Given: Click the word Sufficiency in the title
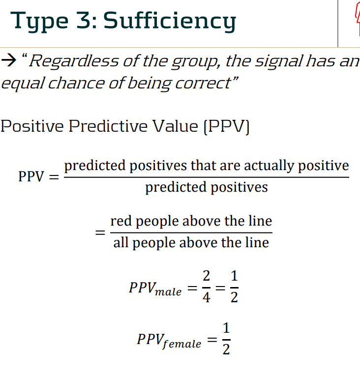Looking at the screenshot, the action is click(x=170, y=21).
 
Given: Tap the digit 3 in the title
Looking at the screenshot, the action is click(x=83, y=20).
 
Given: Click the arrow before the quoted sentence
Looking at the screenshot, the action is click(x=9, y=60).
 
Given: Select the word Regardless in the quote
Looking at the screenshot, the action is click(x=74, y=61).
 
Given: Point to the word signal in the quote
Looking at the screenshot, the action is click(x=279, y=62).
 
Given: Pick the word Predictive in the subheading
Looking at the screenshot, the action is click(x=108, y=126).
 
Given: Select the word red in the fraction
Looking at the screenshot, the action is click(x=121, y=221).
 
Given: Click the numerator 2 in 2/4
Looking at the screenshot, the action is click(x=207, y=276).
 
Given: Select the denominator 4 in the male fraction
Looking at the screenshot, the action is click(x=207, y=297).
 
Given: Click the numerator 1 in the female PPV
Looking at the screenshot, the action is click(x=226, y=328).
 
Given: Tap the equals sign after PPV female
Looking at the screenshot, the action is click(x=212, y=340).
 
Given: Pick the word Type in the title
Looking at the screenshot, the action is click(x=39, y=22).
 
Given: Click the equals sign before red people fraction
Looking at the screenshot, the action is click(x=100, y=232).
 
